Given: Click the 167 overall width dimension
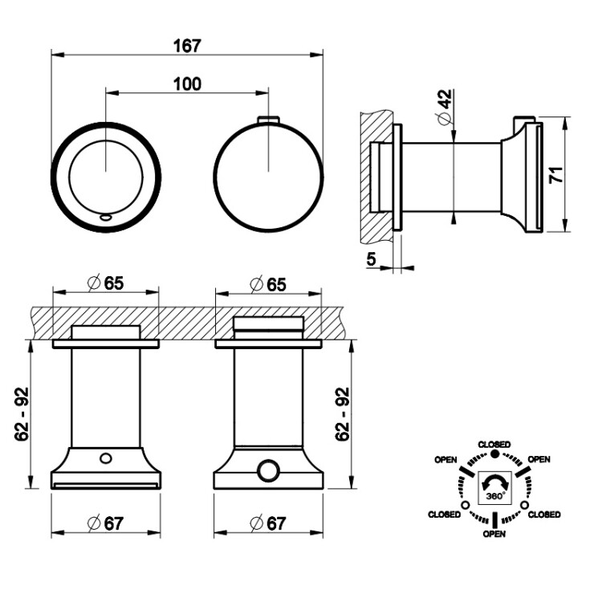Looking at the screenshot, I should (187, 46).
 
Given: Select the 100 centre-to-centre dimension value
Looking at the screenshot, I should (187, 83).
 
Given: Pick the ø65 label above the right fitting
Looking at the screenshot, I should (268, 282).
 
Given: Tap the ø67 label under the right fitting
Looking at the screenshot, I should (268, 523).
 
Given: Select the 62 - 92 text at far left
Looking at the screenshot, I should (22, 413).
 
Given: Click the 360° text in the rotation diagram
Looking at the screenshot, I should (494, 495).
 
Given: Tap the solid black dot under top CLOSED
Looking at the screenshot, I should (494, 454).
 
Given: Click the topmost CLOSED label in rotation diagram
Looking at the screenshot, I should (494, 444).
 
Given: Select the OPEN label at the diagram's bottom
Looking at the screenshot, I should (494, 535).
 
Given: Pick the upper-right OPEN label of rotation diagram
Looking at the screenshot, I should (539, 459).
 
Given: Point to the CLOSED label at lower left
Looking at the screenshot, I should (445, 514).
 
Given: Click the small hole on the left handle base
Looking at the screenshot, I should (105, 458).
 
